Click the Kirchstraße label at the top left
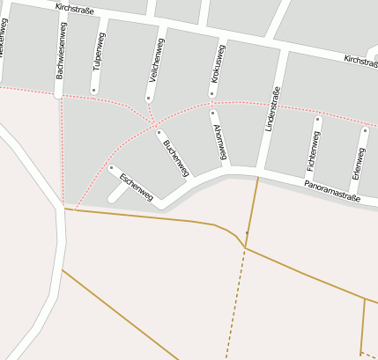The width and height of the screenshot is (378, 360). (74, 8)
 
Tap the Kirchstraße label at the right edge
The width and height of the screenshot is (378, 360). (359, 60)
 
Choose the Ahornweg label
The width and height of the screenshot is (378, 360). (219, 140)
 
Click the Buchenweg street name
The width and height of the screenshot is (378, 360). (175, 159)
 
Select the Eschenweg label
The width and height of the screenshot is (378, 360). (136, 186)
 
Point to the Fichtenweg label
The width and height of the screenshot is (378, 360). (311, 151)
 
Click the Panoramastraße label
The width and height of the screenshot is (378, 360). (333, 193)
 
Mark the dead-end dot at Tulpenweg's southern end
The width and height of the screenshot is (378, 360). (93, 90)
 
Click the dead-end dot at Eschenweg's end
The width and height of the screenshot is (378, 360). (112, 167)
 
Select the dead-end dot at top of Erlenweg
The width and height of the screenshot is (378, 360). (365, 130)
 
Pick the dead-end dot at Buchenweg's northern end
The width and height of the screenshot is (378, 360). (159, 134)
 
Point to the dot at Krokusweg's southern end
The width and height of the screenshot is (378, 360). (212, 94)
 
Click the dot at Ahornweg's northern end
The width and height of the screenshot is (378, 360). (213, 113)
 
